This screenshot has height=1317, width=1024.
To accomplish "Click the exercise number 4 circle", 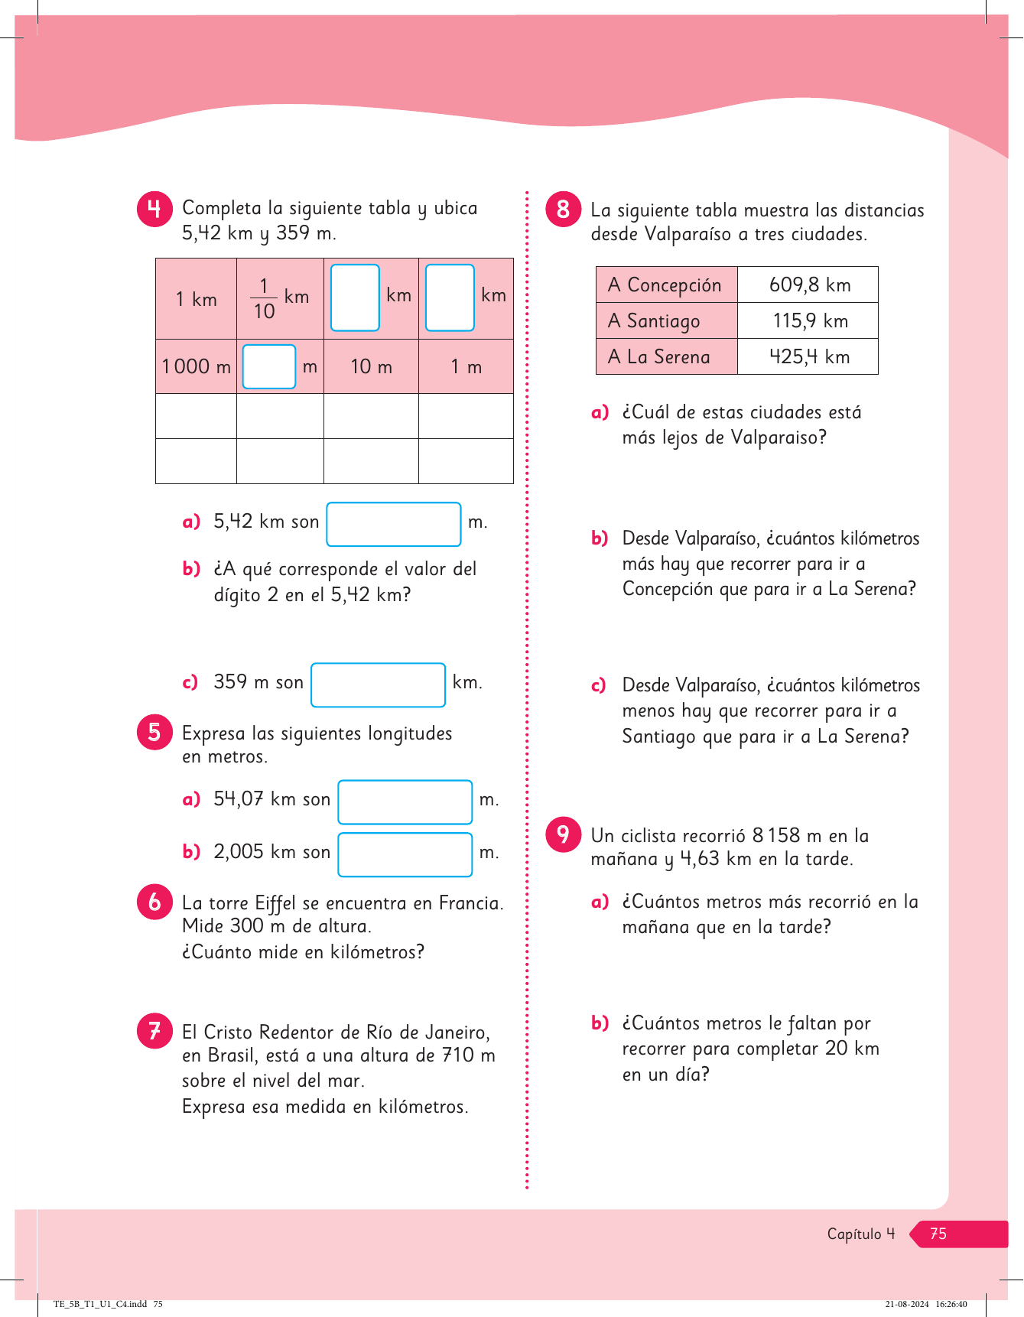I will (x=154, y=209).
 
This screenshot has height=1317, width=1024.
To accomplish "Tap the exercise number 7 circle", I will (x=154, y=1031).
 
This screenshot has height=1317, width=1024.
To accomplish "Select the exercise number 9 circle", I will (x=564, y=834).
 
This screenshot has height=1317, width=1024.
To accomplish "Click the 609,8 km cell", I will (x=808, y=285).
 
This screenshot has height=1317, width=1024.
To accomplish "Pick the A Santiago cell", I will (x=666, y=321).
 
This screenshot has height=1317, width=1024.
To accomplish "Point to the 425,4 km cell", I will (x=808, y=357).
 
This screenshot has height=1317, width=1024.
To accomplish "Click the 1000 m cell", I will (x=196, y=367).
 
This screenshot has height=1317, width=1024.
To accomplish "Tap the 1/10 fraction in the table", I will (x=264, y=299).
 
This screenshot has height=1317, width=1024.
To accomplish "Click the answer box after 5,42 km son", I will (x=394, y=524).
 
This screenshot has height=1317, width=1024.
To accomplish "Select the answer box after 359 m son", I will (x=378, y=685).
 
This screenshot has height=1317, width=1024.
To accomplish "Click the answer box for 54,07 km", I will (x=405, y=802).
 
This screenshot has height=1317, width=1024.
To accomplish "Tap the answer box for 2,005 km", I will (x=405, y=854).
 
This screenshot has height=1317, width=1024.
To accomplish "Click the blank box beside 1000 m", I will (x=268, y=366).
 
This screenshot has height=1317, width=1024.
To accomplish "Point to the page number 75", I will (x=938, y=1234).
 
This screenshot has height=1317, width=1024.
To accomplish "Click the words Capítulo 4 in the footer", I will (x=860, y=1234).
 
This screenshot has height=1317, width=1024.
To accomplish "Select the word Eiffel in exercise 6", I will (x=275, y=904).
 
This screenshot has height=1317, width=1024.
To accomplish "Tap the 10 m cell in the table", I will (x=371, y=367).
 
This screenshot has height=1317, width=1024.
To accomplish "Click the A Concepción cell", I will (x=666, y=285).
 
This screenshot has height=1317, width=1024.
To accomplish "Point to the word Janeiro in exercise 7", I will (x=454, y=1032).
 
